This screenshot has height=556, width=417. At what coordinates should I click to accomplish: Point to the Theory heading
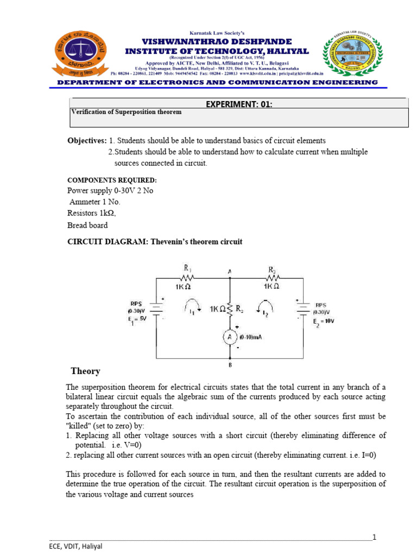coord(85,371)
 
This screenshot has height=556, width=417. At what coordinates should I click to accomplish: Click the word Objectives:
coord(86,141)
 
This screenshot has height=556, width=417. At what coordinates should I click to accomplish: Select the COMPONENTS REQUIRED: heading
coord(112,180)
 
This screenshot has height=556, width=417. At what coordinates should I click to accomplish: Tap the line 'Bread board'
coord(87,225)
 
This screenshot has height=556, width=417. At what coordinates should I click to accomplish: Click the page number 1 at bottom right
coord(374,537)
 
